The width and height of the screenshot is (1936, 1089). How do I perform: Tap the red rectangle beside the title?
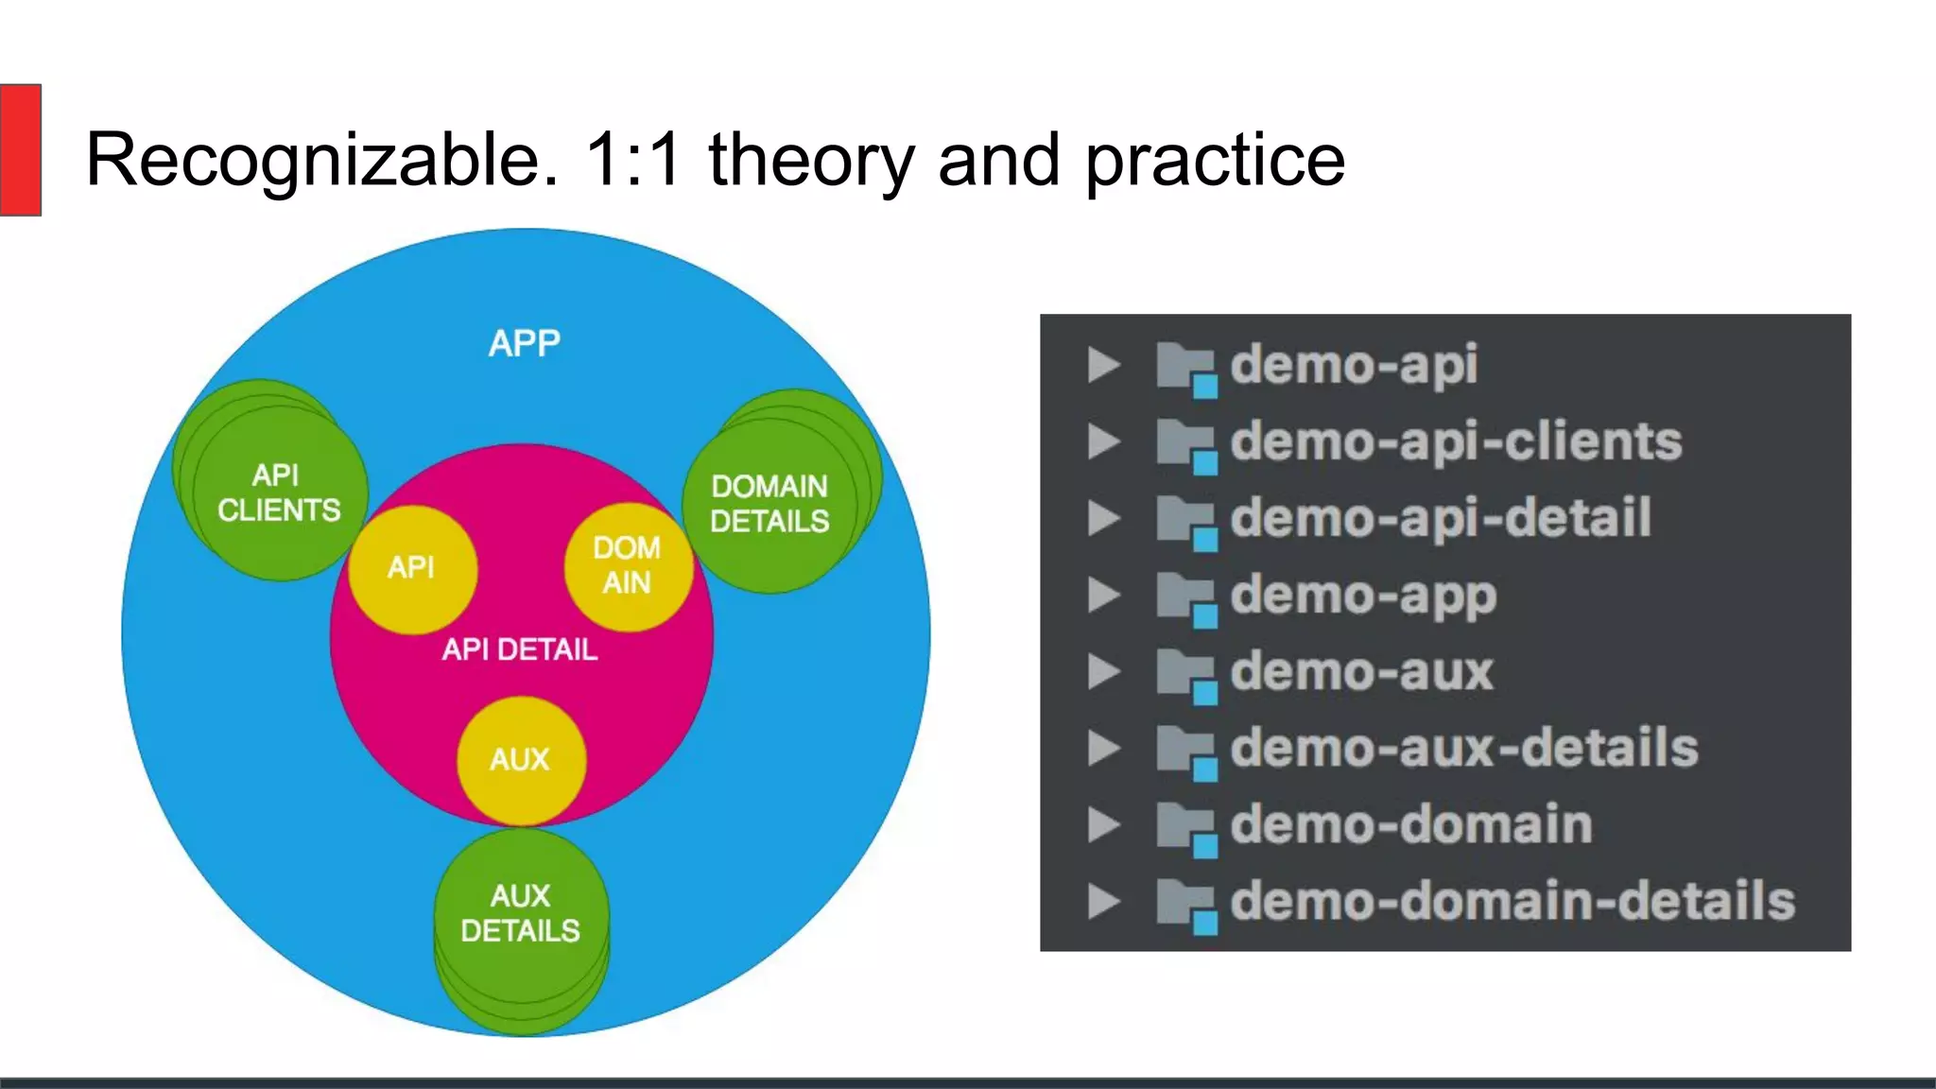tap(20, 149)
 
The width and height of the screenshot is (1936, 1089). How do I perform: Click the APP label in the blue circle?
tap(524, 343)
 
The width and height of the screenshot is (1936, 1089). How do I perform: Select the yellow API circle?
tap(412, 568)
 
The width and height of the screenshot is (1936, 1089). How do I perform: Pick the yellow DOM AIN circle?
tap(627, 566)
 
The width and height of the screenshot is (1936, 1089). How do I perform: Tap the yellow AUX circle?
tap(520, 760)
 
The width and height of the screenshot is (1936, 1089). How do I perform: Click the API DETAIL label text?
tap(520, 650)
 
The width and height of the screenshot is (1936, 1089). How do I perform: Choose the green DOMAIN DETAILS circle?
tap(769, 504)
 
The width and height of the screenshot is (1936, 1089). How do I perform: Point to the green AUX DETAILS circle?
tap(520, 914)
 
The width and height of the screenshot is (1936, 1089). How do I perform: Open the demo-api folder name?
tap(1353, 366)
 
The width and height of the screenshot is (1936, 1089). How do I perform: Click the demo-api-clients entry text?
tap(1456, 442)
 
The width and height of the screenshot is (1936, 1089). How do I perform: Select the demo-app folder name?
tap(1362, 596)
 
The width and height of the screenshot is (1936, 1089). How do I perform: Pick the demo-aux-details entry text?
tap(1463, 749)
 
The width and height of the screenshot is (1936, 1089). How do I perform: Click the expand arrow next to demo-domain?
tap(1103, 825)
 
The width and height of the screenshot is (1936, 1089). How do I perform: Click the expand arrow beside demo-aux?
tap(1103, 672)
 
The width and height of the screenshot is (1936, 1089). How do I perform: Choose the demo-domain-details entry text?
tap(1512, 902)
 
